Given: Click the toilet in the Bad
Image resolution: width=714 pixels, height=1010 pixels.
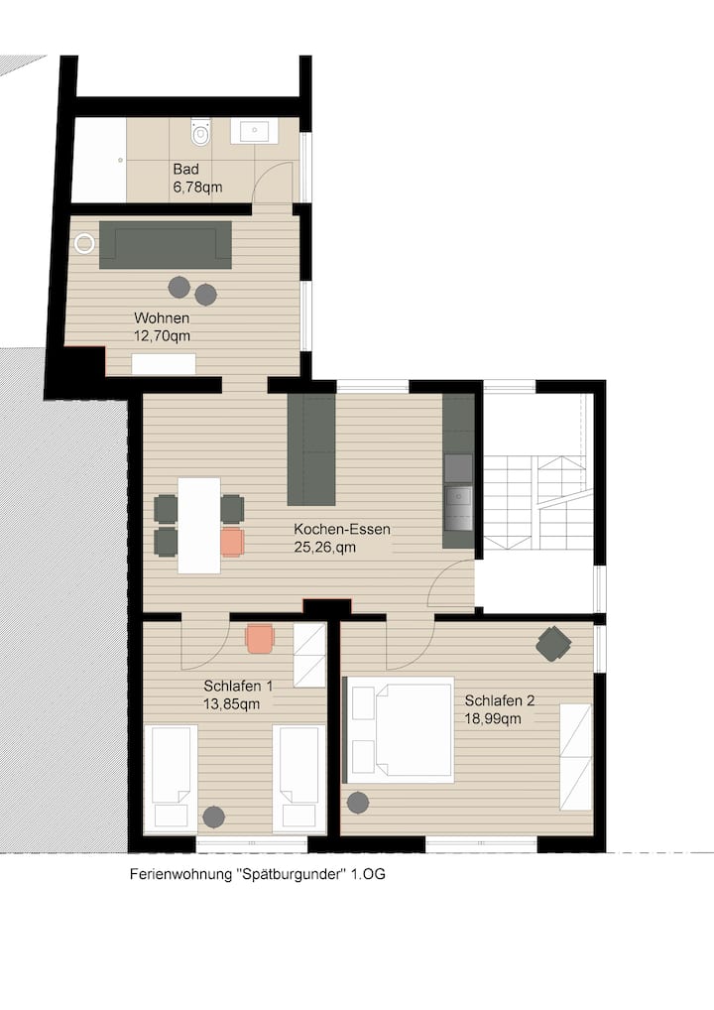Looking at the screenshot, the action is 201,132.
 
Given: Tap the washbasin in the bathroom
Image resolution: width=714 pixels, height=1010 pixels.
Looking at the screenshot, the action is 255,130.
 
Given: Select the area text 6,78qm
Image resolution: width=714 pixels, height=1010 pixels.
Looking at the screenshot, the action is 197,188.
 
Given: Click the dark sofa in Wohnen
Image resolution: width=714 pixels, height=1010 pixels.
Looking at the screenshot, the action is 166,245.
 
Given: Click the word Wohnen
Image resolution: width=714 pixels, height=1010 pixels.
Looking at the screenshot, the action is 162,317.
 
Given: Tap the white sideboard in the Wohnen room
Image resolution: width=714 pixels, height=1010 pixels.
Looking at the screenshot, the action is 164,363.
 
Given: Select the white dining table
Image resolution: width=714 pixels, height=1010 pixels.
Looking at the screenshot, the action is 199,525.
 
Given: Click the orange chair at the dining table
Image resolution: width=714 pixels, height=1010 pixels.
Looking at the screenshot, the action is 232,543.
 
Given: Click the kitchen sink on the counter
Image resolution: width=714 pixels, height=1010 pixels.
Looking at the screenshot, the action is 458,507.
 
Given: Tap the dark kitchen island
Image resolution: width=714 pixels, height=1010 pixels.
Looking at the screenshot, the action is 311,449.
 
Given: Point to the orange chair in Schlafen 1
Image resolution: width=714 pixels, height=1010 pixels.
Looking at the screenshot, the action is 260,639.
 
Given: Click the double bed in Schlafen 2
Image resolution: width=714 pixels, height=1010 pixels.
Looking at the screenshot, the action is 400,729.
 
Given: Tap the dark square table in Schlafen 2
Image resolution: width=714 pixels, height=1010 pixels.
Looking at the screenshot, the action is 553,644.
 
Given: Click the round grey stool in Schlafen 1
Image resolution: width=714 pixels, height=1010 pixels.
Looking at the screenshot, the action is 214,818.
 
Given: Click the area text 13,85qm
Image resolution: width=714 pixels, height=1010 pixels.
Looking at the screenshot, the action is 232,704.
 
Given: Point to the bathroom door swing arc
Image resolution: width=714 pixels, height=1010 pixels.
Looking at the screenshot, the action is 266,172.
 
